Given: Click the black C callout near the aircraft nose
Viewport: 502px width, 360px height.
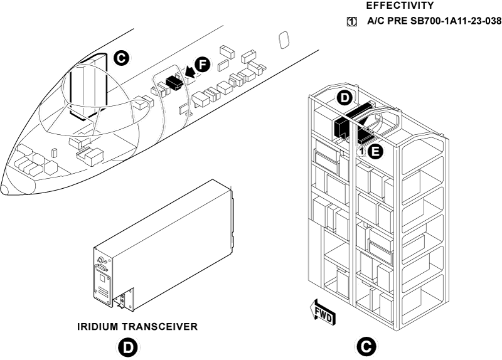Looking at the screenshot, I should [x=122, y=58].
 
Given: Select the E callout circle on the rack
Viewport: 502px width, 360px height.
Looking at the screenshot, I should [x=375, y=151].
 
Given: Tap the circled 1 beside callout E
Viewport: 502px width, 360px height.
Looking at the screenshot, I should [x=362, y=151].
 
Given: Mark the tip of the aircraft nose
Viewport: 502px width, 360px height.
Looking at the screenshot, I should [x=3, y=188].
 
